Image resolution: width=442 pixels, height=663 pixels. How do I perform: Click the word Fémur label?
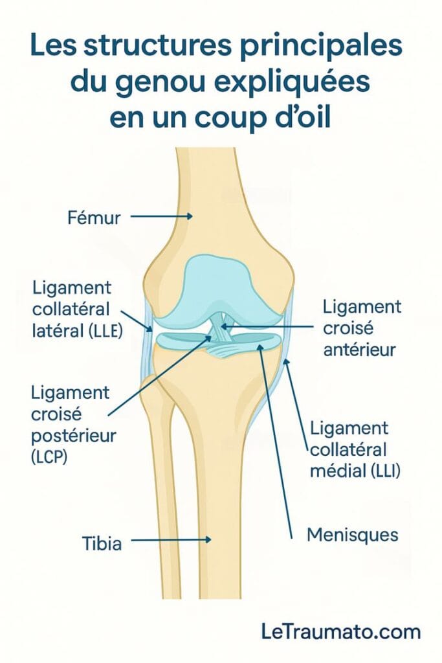(x=94, y=218)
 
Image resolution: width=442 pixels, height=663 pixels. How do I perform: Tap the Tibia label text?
(x=102, y=543)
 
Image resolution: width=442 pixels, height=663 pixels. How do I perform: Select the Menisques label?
(x=353, y=535)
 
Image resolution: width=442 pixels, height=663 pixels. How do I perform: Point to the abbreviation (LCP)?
(x=49, y=456)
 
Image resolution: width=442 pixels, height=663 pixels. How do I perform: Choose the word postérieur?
(x=73, y=436)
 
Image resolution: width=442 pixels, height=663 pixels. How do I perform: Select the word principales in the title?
(x=321, y=47)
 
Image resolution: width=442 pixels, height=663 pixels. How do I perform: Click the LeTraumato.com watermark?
(x=341, y=632)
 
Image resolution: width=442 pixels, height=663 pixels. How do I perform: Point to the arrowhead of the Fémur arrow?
(x=190, y=216)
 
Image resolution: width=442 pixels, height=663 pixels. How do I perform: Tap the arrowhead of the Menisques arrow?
(x=260, y=346)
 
